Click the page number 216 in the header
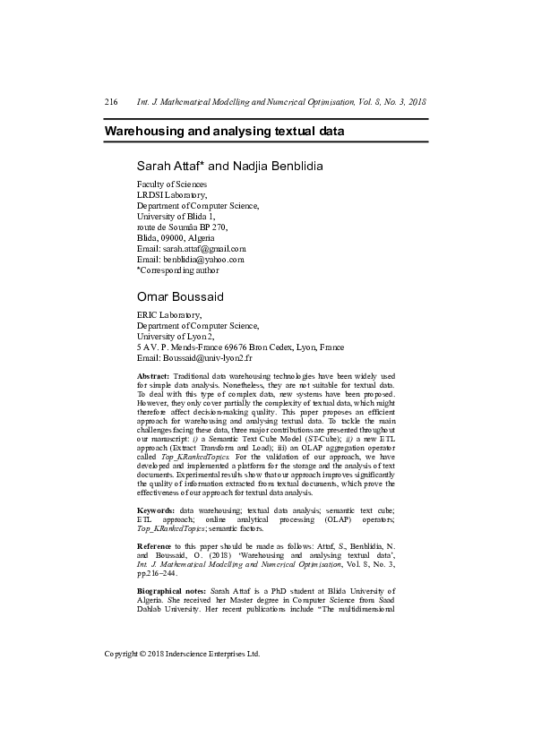[x=111, y=103]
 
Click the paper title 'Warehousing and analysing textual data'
[x=224, y=131]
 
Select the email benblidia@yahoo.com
[x=204, y=259]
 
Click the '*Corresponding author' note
[x=177, y=270]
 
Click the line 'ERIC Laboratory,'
[x=168, y=315]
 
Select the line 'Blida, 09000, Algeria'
[x=176, y=237]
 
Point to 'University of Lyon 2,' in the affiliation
[x=175, y=336]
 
